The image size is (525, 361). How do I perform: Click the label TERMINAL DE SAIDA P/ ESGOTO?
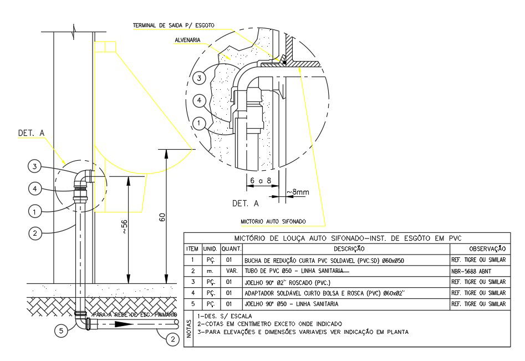(173, 26)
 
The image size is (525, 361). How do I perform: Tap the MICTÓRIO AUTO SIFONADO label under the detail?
(274, 221)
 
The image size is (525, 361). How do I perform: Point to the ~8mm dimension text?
(298, 192)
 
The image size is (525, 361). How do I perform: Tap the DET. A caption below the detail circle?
(245, 204)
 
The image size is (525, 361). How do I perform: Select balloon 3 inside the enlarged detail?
(201, 78)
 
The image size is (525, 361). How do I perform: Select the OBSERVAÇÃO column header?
(486, 249)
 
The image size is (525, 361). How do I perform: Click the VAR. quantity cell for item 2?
(231, 271)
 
